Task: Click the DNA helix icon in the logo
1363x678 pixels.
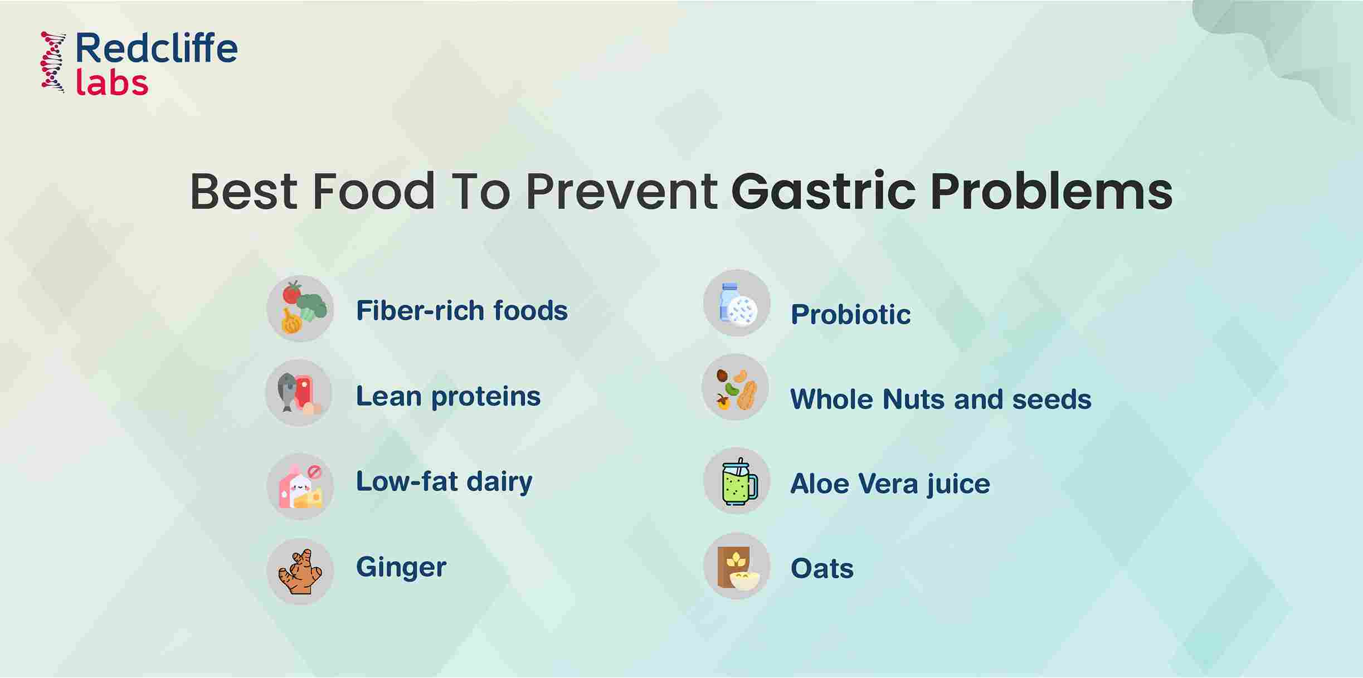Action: pyautogui.click(x=53, y=62)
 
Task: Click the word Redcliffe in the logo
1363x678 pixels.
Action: pyautogui.click(x=156, y=48)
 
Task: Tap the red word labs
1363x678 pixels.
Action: pyautogui.click(x=111, y=83)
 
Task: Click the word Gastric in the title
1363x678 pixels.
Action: pyautogui.click(x=823, y=192)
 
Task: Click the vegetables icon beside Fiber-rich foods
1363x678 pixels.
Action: pyautogui.click(x=300, y=309)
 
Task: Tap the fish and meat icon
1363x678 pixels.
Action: pyautogui.click(x=299, y=393)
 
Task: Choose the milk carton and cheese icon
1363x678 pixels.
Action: pyautogui.click(x=300, y=487)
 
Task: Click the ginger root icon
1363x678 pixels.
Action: pyautogui.click(x=300, y=572)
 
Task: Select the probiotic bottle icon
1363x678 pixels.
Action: pyautogui.click(x=737, y=303)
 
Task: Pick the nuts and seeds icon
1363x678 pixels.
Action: pyautogui.click(x=736, y=388)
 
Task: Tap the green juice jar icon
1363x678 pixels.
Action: pyautogui.click(x=737, y=481)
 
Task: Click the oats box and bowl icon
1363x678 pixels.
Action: pyautogui.click(x=737, y=566)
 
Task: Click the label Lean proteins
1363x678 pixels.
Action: pyautogui.click(x=448, y=397)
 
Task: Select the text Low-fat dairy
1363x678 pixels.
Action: pyautogui.click(x=444, y=482)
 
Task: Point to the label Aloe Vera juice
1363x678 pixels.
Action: pyautogui.click(x=890, y=484)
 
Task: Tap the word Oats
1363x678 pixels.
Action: pyautogui.click(x=822, y=569)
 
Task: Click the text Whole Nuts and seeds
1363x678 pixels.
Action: pyautogui.click(x=941, y=399)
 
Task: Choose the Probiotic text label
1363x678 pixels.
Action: pyautogui.click(x=850, y=314)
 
